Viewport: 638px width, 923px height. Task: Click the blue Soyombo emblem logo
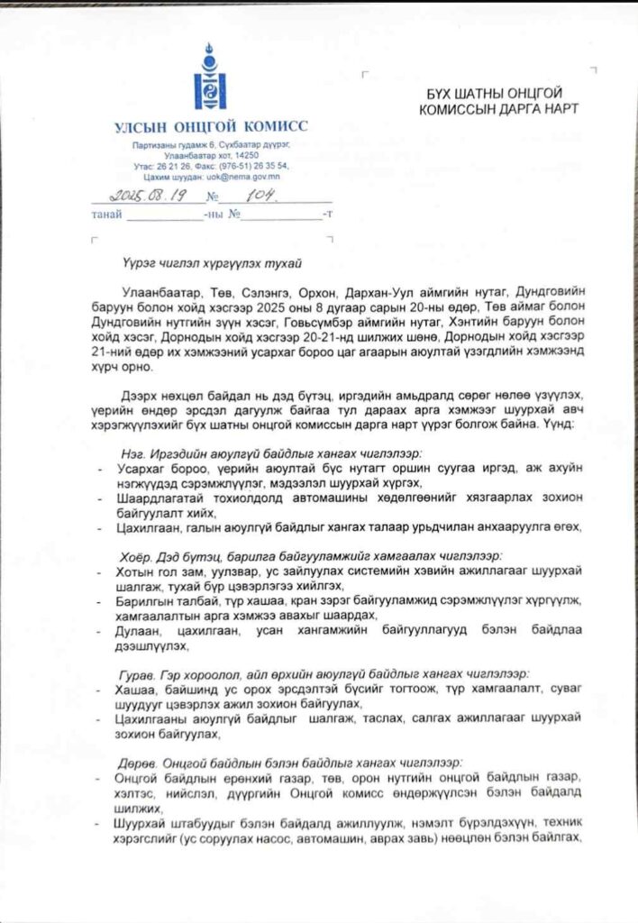click(210, 78)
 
